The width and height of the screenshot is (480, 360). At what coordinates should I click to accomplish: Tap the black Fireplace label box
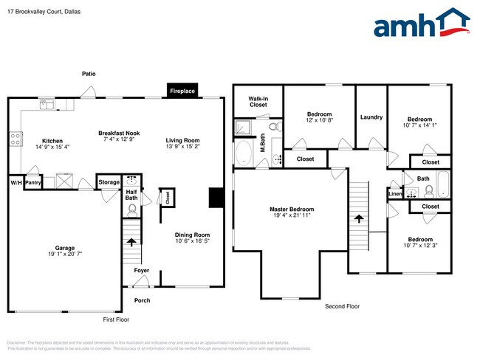pos(182,91)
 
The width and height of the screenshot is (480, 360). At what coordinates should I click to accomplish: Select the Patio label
pos(89,74)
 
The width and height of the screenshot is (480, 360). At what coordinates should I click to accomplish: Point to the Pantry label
pos(32,181)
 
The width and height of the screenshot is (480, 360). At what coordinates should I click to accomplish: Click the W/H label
pos(15,181)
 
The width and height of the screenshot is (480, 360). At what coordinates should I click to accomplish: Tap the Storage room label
pos(109,181)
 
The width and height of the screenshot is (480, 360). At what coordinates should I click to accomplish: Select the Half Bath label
pos(131,195)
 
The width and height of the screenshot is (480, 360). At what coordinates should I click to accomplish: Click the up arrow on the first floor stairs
pos(131,241)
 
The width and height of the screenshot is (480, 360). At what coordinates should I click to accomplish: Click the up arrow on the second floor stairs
pos(359,219)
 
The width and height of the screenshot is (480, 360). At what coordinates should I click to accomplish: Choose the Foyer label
pos(141,271)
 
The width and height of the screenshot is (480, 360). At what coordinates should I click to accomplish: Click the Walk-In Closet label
pos(258,101)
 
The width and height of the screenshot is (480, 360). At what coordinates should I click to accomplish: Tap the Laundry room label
pos(371,117)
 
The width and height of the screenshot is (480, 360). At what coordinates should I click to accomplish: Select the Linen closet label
pos(394,194)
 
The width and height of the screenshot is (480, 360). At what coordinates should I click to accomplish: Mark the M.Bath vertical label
pos(263,139)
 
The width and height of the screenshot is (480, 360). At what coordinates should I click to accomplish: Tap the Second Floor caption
pos(342,305)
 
